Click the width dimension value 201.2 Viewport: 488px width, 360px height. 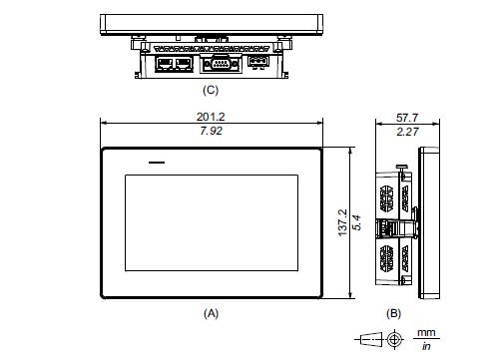[x=211, y=117]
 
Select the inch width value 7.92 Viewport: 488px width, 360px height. [x=211, y=131]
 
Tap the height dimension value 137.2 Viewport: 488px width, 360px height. [x=341, y=223]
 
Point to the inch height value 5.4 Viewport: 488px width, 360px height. [x=355, y=223]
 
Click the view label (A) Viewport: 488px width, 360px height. [x=211, y=312]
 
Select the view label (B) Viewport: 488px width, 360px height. [x=393, y=312]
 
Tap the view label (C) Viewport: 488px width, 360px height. [x=211, y=89]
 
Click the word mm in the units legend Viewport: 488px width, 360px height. [x=427, y=333]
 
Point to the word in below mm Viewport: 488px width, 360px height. [x=427, y=346]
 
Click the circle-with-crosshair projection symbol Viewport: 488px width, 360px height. [x=395, y=339]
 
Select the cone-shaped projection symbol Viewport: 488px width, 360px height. [x=369, y=339]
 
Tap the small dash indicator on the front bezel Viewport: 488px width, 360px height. [x=155, y=161]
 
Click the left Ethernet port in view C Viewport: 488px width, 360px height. [x=162, y=63]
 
